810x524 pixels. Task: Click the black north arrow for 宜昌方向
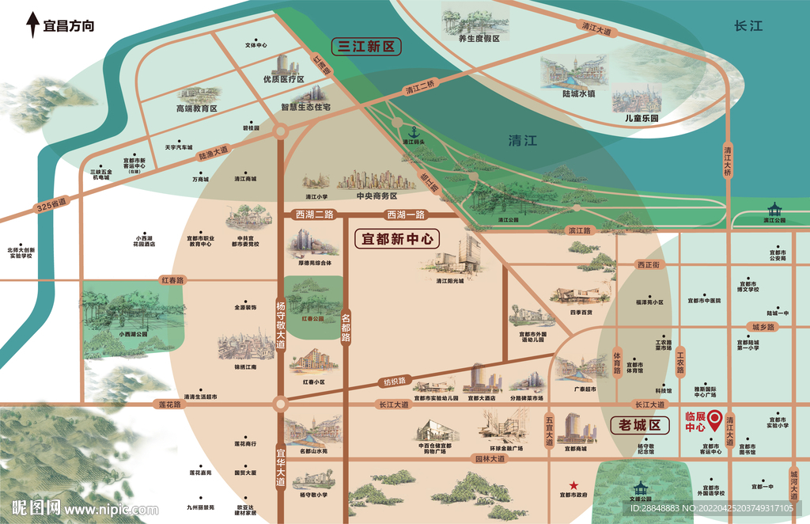tap(32, 25)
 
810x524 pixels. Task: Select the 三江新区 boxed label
tap(365, 47)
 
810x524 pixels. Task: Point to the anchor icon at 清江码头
tap(411, 132)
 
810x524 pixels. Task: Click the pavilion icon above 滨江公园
tap(774, 210)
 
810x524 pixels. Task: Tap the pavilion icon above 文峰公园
tap(639, 488)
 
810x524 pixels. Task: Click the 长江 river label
tap(748, 26)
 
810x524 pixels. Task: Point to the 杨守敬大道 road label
tap(280, 325)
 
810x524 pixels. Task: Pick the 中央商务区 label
tap(377, 196)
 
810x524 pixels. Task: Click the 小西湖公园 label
tap(133, 334)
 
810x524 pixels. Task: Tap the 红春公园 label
tap(313, 318)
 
